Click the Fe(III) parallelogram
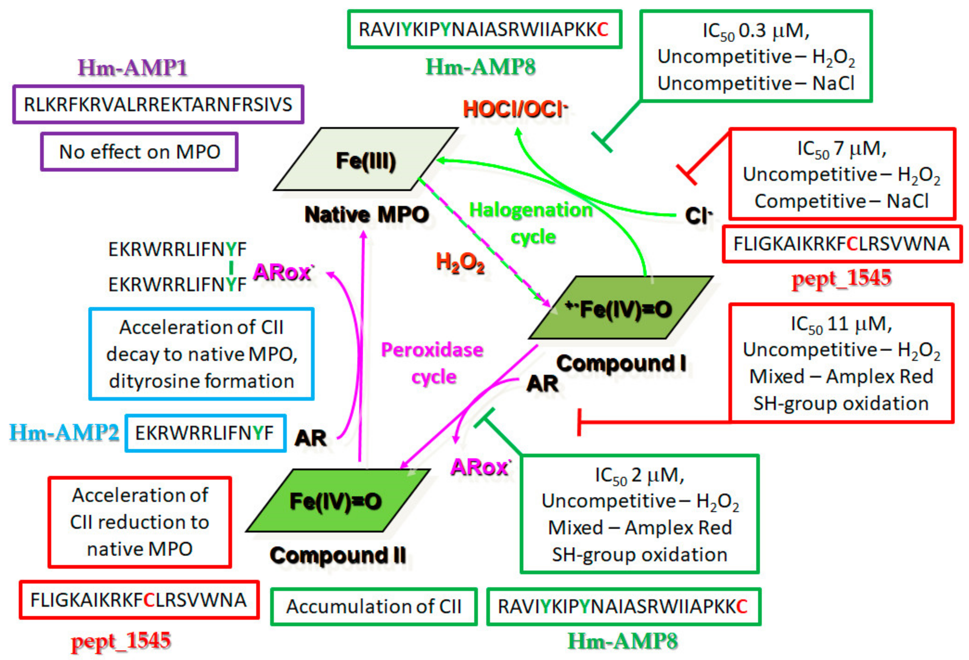click(366, 160)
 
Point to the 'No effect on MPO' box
click(139, 152)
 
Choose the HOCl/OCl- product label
click(515, 109)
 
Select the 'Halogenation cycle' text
click(532, 223)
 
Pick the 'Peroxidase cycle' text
click(432, 363)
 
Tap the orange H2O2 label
click(460, 263)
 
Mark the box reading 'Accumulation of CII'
click(374, 607)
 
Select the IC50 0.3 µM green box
click(756, 56)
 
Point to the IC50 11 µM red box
click(841, 363)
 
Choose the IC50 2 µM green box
click(640, 514)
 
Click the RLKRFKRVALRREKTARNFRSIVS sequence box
click(158, 104)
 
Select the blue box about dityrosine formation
click(201, 354)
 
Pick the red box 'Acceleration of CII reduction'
click(140, 522)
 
